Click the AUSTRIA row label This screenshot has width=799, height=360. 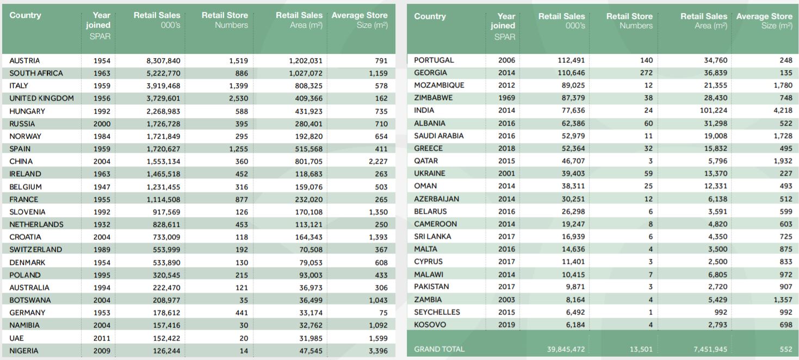tap(24, 61)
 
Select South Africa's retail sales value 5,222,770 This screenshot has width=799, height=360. tap(163, 73)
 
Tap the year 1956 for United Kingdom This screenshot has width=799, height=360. tap(101, 98)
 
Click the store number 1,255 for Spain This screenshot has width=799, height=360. tap(238, 149)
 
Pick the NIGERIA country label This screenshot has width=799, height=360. tap(24, 351)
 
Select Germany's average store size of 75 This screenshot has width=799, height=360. tap(383, 313)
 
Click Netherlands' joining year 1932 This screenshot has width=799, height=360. tap(101, 225)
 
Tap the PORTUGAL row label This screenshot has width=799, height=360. tap(434, 60)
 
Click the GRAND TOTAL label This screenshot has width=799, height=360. tap(439, 349)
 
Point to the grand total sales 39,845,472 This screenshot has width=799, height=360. tap(566, 349)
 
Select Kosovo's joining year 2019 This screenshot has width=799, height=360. tap(506, 325)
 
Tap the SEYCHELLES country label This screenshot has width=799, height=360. tap(437, 312)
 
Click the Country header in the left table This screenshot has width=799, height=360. tap(25, 15)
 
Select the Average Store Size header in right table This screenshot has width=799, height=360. tap(764, 21)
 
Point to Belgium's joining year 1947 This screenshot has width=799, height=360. tap(101, 187)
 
